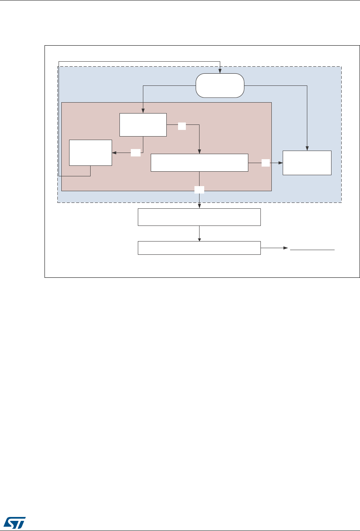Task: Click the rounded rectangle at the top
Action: pyautogui.click(x=220, y=85)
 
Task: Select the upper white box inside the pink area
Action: pyautogui.click(x=143, y=125)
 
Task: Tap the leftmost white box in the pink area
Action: pyautogui.click(x=90, y=153)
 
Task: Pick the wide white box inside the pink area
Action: pyautogui.click(x=199, y=162)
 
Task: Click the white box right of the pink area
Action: pyautogui.click(x=307, y=163)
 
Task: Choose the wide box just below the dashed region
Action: pyautogui.click(x=199, y=217)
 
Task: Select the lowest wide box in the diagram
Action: pyautogui.click(x=199, y=248)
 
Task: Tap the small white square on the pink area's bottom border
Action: pyautogui.click(x=199, y=190)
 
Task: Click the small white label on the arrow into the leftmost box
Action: pyautogui.click(x=135, y=153)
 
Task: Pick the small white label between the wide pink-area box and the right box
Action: pyautogui.click(x=266, y=163)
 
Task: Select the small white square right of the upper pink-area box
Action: pyautogui.click(x=182, y=125)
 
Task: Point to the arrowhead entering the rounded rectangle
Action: pyautogui.click(x=220, y=71)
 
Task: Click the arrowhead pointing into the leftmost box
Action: pyautogui.click(x=114, y=153)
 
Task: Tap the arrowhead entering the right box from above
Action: pyautogui.click(x=307, y=148)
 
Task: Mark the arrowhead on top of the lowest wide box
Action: pyautogui.click(x=199, y=240)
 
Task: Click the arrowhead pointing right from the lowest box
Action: pyautogui.click(x=287, y=248)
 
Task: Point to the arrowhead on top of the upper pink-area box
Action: pyautogui.click(x=143, y=111)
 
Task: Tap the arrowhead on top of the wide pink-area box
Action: pyautogui.click(x=199, y=152)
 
